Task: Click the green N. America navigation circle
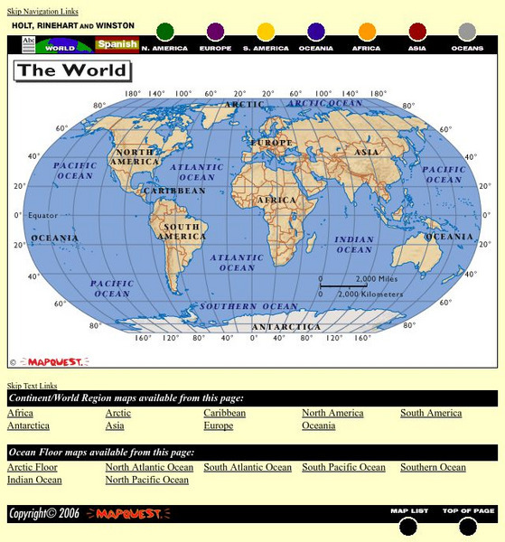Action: point(164,33)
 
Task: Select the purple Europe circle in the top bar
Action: point(215,33)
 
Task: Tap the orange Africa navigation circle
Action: point(367,33)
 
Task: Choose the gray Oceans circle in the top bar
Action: point(467,33)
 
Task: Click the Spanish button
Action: point(117,44)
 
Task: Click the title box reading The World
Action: point(72,70)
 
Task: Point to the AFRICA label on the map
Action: point(276,200)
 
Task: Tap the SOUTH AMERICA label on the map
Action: point(180,231)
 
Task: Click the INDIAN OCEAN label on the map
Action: point(354,245)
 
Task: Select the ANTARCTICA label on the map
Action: point(285,326)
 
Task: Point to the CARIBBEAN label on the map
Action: point(174,191)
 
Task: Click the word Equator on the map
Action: point(42,216)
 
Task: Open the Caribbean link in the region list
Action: point(224,413)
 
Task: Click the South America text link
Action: point(431,413)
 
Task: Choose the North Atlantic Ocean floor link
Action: point(149,467)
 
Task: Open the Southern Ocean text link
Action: point(433,467)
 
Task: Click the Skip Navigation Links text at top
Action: point(42,12)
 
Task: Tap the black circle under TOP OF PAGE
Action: point(467,527)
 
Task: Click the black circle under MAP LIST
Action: point(408,527)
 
